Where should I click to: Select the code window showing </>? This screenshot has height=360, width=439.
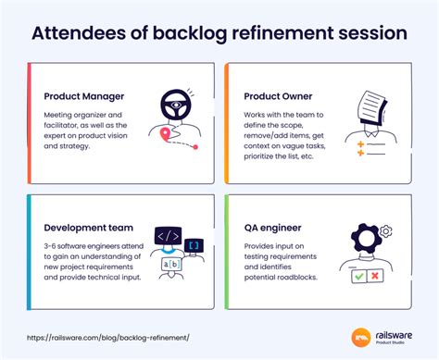click(169, 238)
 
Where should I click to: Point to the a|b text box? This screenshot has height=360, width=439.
click(171, 265)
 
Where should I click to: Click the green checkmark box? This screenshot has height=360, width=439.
click(357, 275)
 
